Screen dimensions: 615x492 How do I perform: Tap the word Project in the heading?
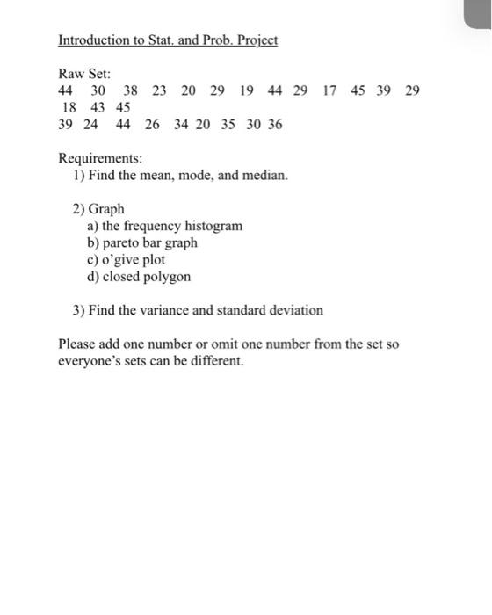(x=255, y=40)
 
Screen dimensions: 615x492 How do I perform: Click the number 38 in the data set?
(x=130, y=90)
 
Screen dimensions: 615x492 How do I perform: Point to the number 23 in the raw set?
(x=159, y=90)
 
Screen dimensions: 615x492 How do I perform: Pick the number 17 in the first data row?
(x=329, y=90)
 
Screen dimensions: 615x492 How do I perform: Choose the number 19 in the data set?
(x=246, y=90)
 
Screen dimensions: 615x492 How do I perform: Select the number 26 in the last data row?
(x=152, y=125)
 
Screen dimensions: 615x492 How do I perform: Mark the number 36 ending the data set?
(x=275, y=125)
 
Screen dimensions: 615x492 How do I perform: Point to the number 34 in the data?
(x=181, y=125)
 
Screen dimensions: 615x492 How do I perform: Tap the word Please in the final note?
(x=76, y=344)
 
